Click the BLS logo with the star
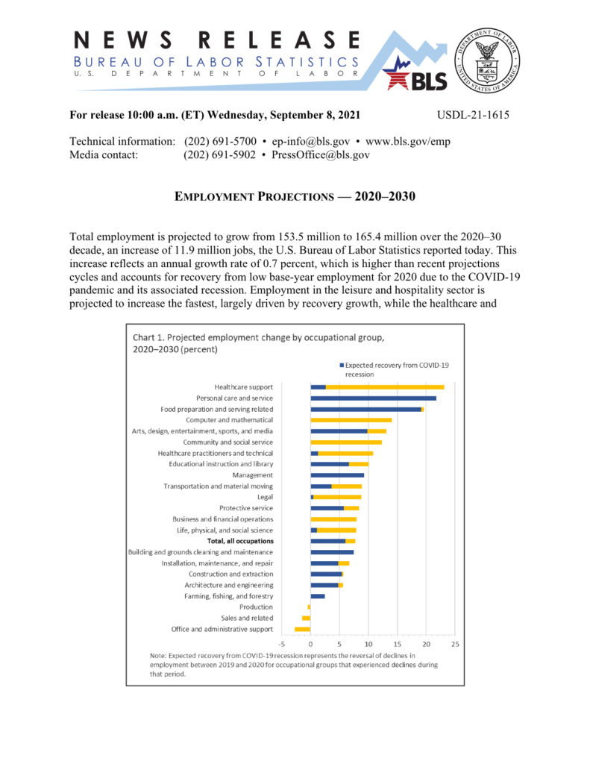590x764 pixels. click(414, 75)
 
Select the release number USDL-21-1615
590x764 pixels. click(473, 115)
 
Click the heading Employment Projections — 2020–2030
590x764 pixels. click(295, 197)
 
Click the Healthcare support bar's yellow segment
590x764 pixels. click(385, 387)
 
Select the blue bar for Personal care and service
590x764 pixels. click(373, 398)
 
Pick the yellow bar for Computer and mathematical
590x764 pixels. click(351, 420)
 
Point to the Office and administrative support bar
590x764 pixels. click(302, 629)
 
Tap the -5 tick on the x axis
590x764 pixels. click(282, 643)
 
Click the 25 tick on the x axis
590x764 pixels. click(455, 643)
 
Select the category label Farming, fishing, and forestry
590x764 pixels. click(228, 596)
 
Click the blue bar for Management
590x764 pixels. click(337, 475)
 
